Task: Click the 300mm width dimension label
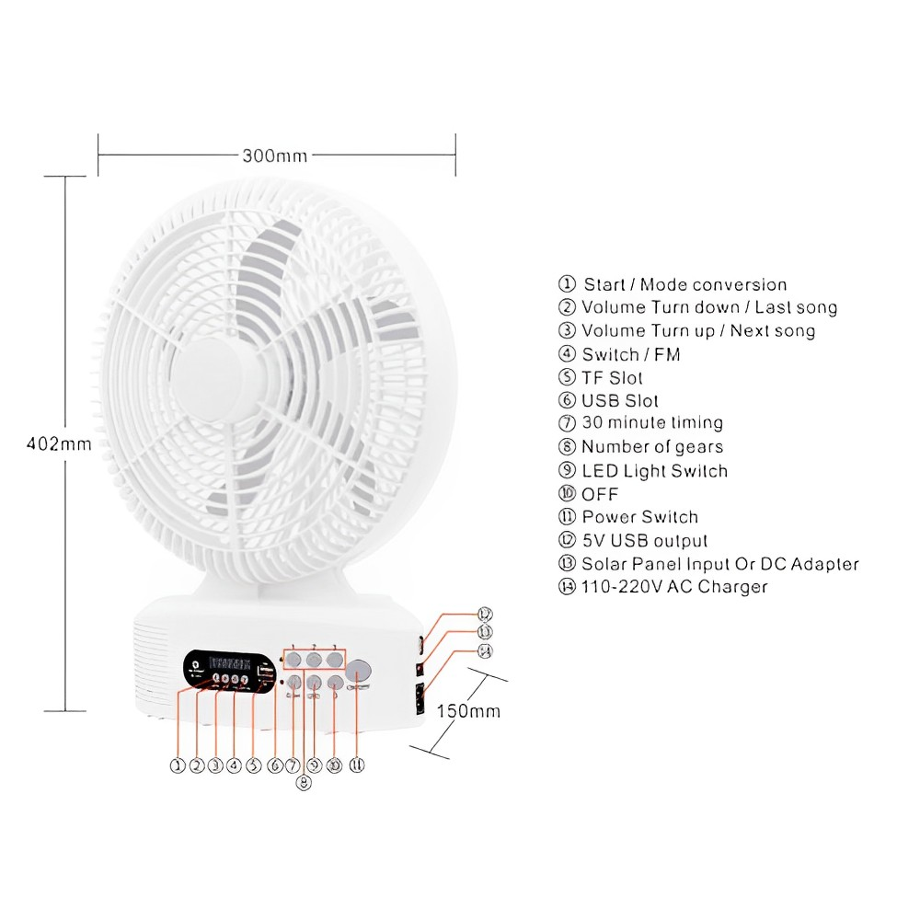(x=274, y=155)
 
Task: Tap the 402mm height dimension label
(x=59, y=443)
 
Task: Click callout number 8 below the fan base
(x=305, y=784)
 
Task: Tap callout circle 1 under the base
(x=178, y=765)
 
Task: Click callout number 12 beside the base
(x=484, y=614)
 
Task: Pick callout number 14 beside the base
(x=484, y=651)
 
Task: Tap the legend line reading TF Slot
(x=612, y=377)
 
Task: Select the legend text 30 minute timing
(x=651, y=423)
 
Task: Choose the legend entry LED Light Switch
(x=654, y=471)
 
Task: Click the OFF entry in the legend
(x=600, y=495)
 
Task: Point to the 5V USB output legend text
(x=645, y=541)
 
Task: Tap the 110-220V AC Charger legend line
(x=673, y=587)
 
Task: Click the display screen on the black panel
(x=230, y=661)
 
